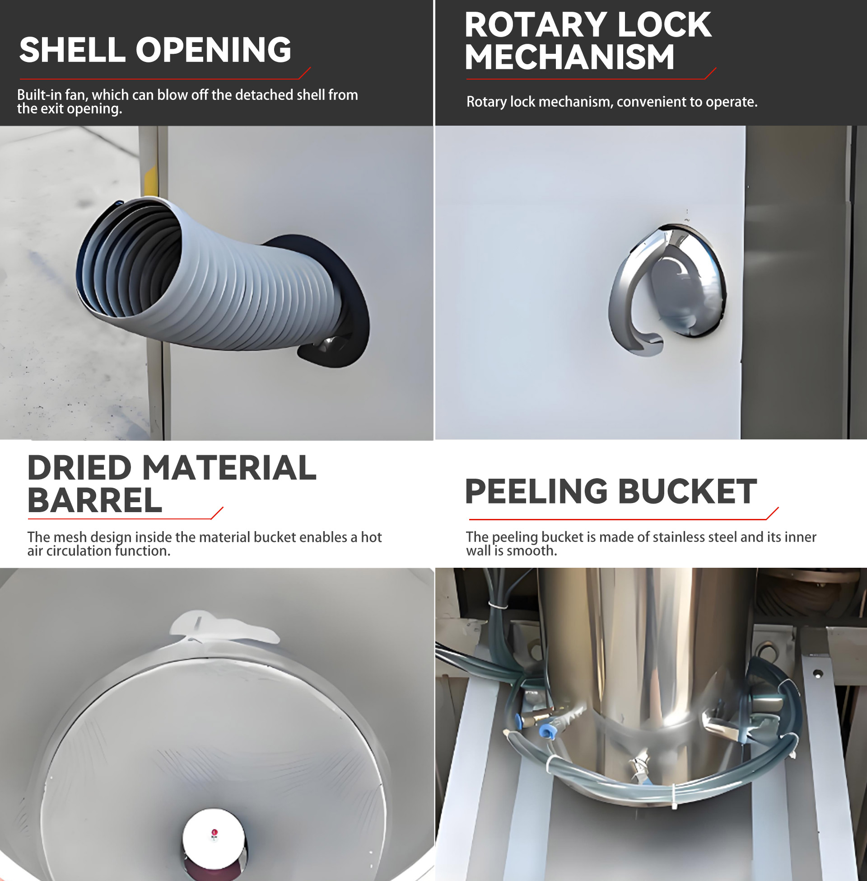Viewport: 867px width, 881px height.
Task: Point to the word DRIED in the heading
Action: [x=79, y=468]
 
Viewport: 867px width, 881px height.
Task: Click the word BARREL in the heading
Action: [x=95, y=500]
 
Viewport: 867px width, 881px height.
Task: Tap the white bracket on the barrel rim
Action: [x=223, y=627]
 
